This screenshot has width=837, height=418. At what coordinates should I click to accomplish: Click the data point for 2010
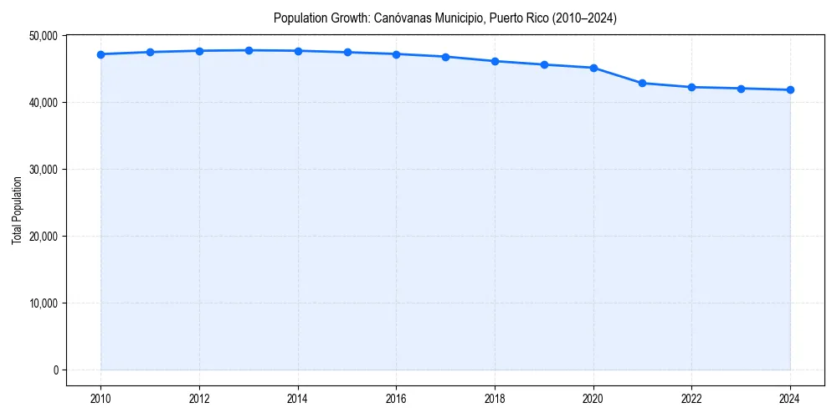[x=100, y=54]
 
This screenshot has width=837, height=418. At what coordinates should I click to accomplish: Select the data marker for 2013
[x=249, y=50]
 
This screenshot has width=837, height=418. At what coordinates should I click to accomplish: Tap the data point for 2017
[x=445, y=57]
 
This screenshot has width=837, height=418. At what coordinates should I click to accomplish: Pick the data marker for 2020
[x=593, y=68]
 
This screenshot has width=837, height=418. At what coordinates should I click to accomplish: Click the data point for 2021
[x=642, y=83]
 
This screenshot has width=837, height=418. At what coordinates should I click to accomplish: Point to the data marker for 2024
[x=790, y=89]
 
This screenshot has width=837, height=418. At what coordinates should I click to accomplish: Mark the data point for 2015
[x=347, y=52]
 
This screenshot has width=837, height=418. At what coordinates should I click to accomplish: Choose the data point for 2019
[x=544, y=64]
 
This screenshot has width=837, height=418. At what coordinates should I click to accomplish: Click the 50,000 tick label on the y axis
[x=42, y=36]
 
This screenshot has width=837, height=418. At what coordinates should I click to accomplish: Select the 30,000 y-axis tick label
[x=42, y=170]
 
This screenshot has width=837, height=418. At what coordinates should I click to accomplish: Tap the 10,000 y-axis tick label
[x=42, y=303]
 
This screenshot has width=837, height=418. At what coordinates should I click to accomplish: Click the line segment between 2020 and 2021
[x=618, y=75]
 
